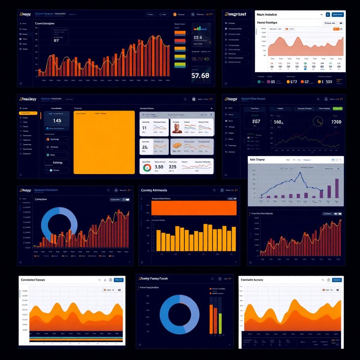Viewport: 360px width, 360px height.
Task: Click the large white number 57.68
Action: tap(200, 75)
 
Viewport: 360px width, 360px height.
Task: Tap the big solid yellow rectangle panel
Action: tap(104, 142)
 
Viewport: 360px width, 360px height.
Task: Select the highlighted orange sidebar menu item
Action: tap(28, 113)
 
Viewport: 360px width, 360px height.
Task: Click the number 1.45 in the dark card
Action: tap(57, 121)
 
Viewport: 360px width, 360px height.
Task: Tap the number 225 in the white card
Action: tap(172, 167)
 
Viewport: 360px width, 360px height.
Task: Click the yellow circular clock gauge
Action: tap(318, 122)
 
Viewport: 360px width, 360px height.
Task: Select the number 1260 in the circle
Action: tap(336, 122)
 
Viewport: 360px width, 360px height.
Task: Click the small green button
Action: tap(337, 109)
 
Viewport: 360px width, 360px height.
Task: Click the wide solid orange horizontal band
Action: tap(193, 208)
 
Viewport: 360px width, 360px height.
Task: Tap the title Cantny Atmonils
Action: tap(154, 190)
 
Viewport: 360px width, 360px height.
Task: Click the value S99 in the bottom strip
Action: tap(329, 82)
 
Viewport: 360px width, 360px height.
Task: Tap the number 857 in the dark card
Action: tap(256, 122)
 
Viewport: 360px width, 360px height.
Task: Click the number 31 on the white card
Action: tap(144, 128)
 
